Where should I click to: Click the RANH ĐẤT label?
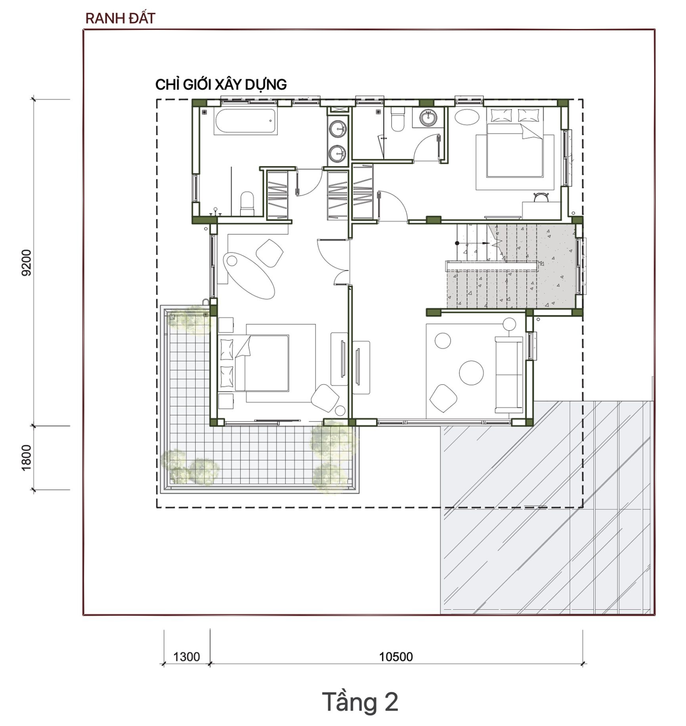point(120,18)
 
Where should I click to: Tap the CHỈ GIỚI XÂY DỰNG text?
point(221,84)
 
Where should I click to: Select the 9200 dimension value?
point(27,262)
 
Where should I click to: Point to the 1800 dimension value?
point(27,458)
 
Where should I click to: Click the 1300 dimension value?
point(187,657)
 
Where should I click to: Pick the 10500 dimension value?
point(396,657)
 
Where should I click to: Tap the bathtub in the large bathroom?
point(245,122)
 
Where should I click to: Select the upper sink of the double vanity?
point(338,129)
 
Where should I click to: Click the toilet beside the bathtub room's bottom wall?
point(247,204)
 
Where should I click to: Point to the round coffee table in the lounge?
point(471,373)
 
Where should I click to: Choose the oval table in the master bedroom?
point(249,275)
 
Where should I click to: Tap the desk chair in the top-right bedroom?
point(540,197)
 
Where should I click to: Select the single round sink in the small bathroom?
point(428,118)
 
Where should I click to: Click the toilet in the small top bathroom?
point(397,120)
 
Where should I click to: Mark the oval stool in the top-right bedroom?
point(467,117)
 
